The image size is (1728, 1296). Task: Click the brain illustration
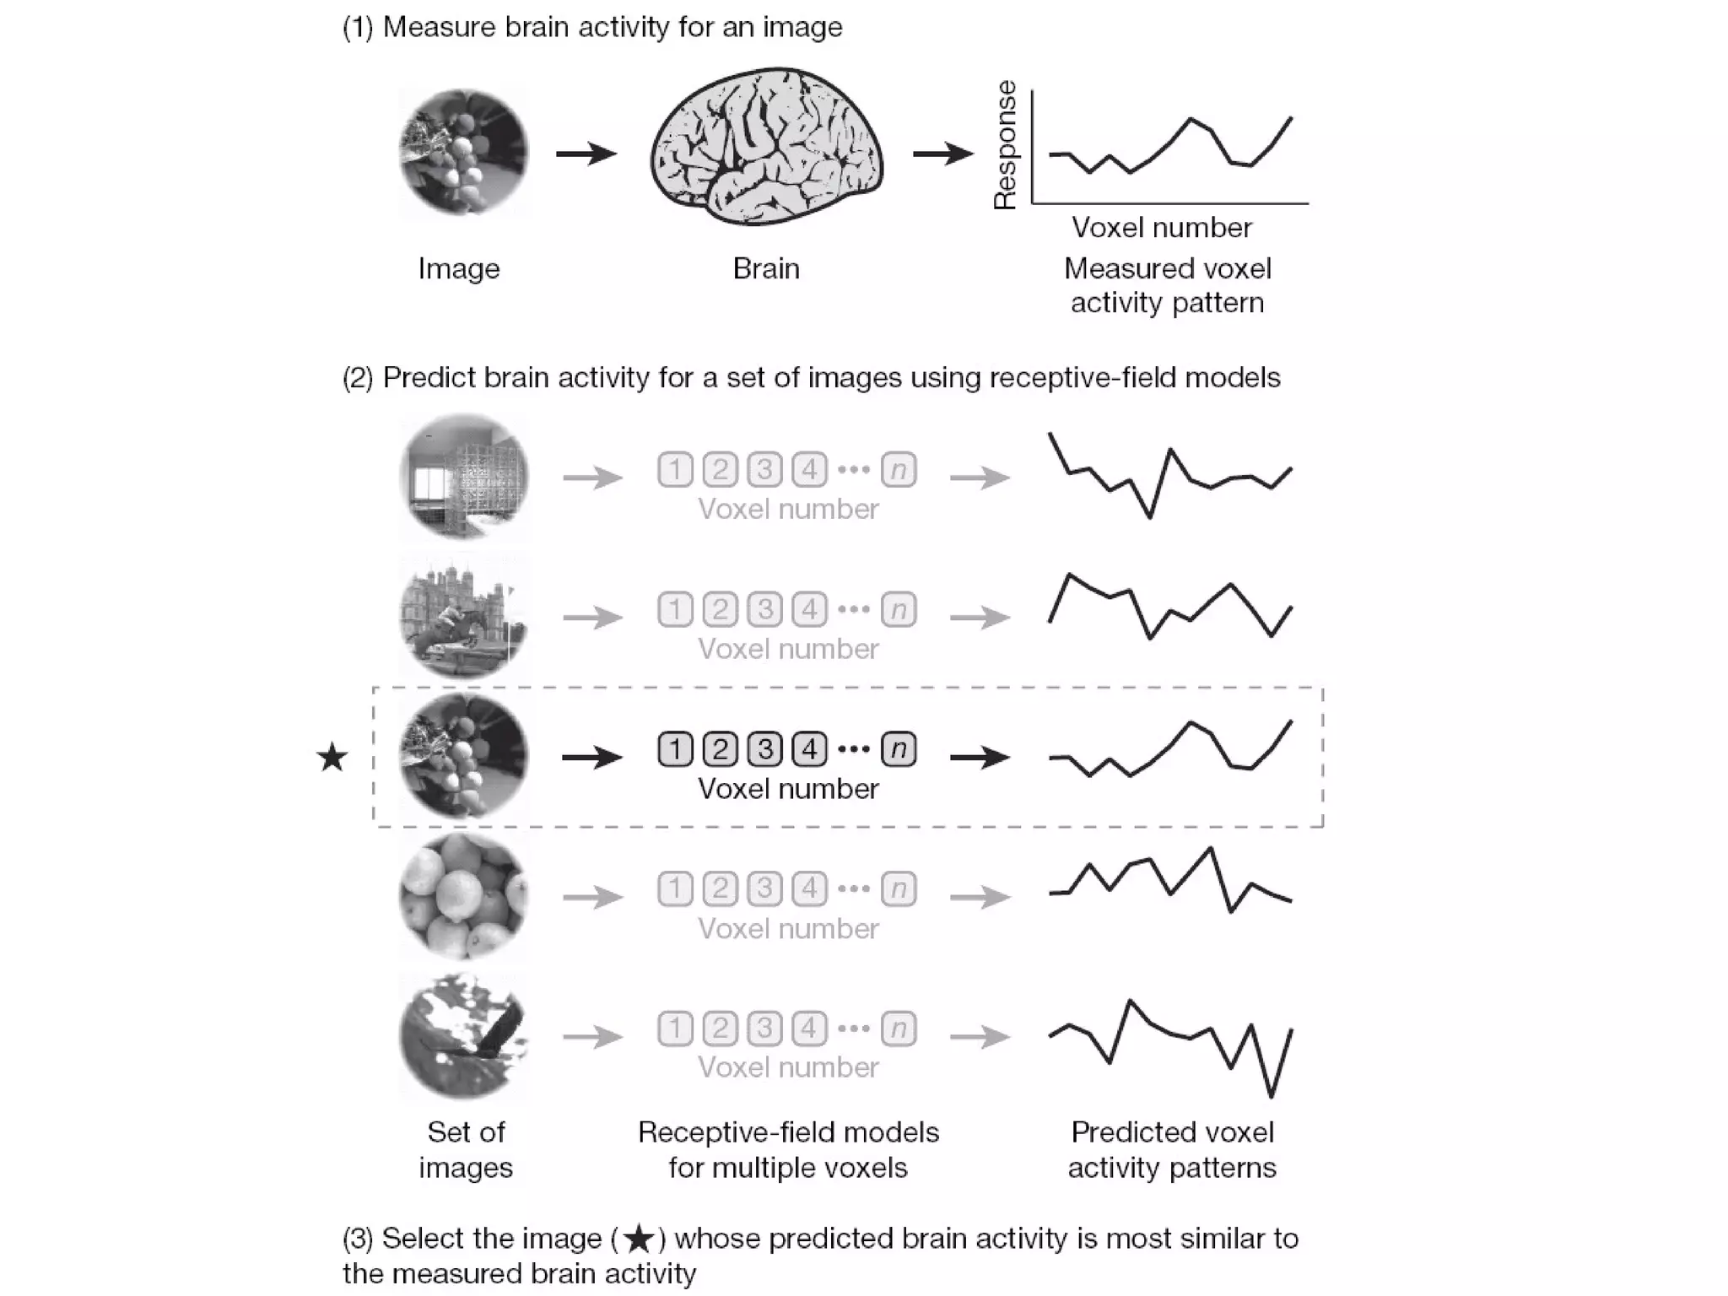click(x=766, y=148)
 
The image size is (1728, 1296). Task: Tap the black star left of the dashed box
click(x=332, y=758)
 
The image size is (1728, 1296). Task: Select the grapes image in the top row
click(x=463, y=153)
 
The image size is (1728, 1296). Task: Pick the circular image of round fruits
click(x=463, y=896)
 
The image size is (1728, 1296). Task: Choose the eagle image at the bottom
click(x=463, y=1035)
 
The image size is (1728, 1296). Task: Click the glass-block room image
click(x=463, y=477)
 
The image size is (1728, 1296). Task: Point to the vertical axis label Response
click(x=1004, y=145)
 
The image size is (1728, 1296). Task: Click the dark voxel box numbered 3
click(x=764, y=749)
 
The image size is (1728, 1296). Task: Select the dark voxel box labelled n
click(x=899, y=749)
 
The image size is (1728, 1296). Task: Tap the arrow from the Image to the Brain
click(x=586, y=154)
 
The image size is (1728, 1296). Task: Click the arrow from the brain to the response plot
click(x=943, y=154)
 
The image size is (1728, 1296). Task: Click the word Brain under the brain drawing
click(x=766, y=268)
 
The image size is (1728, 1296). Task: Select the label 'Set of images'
click(x=466, y=1149)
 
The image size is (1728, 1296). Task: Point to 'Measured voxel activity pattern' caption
click(x=1167, y=285)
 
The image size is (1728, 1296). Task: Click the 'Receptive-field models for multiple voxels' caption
click(x=788, y=1149)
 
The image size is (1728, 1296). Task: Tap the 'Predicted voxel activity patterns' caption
click(x=1172, y=1149)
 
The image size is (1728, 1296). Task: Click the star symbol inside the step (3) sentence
click(x=639, y=1239)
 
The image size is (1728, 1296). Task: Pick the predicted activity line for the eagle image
click(x=1170, y=1046)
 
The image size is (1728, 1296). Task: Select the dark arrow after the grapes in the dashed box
click(x=592, y=758)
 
